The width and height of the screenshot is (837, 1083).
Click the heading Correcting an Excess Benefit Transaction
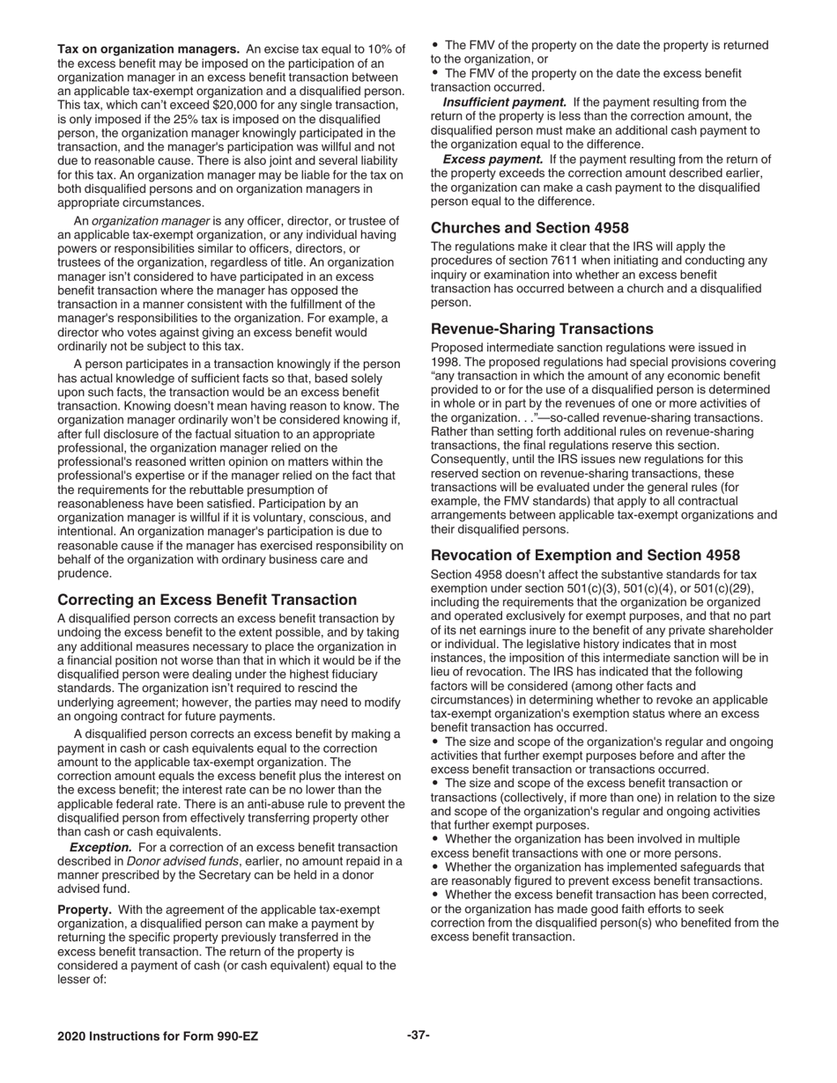(x=207, y=600)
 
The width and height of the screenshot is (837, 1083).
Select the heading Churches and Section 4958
(x=530, y=227)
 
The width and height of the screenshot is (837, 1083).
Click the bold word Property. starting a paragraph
(x=85, y=910)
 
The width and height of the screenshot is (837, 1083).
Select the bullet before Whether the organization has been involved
(x=435, y=839)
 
